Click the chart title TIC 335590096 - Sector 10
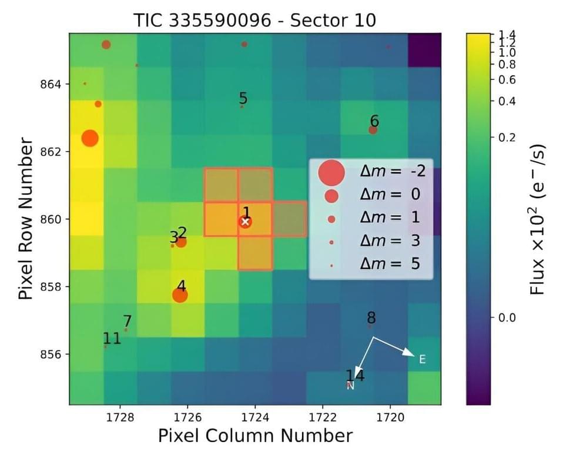[x=255, y=21]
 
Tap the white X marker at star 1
[x=245, y=222]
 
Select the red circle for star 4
[x=180, y=295]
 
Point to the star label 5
[x=243, y=98]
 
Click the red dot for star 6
[x=373, y=130]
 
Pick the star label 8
[x=371, y=318]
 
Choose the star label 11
[x=112, y=338]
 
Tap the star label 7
[x=127, y=322]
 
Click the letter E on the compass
[x=422, y=359]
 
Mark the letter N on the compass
[x=350, y=386]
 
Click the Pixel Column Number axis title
[x=255, y=436]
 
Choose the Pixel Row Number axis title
[x=25, y=219]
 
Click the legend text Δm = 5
[x=390, y=265]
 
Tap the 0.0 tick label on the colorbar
[x=506, y=318]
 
